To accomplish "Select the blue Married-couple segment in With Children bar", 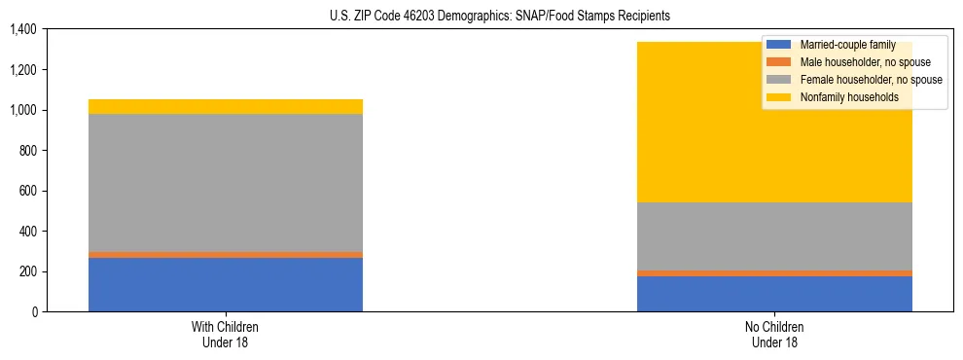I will point(226,284).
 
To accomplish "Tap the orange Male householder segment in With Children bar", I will point(226,255).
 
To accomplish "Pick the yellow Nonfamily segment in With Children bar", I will point(226,106).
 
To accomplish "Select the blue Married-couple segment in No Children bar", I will point(774,294).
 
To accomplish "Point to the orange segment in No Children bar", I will point(774,273).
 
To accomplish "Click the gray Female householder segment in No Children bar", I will point(774,236).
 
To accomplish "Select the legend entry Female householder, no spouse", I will point(869,80).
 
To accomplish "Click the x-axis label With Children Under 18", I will point(226,334).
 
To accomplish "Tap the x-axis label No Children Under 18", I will point(774,334).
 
